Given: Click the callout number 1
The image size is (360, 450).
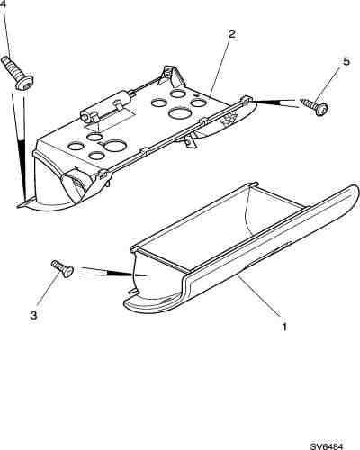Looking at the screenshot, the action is (x=284, y=326).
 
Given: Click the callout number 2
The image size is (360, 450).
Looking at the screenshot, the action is (x=232, y=34).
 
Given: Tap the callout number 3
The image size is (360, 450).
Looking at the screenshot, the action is (x=33, y=315).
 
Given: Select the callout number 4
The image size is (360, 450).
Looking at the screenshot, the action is (x=4, y=5).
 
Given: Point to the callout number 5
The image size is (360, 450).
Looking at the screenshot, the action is (x=346, y=61).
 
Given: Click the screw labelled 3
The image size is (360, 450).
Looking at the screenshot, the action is (x=62, y=269).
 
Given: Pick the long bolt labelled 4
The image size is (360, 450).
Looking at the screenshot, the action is (x=17, y=73).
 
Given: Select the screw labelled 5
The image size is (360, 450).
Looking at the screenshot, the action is (x=314, y=105).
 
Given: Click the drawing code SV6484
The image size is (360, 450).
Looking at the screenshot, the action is (x=326, y=446).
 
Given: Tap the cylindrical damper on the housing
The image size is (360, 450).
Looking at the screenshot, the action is (x=105, y=106).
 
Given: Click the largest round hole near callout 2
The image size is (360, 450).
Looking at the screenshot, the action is (x=179, y=113).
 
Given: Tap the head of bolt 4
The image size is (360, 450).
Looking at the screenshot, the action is (x=24, y=84).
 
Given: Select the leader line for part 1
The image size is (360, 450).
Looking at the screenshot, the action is (x=259, y=296).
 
